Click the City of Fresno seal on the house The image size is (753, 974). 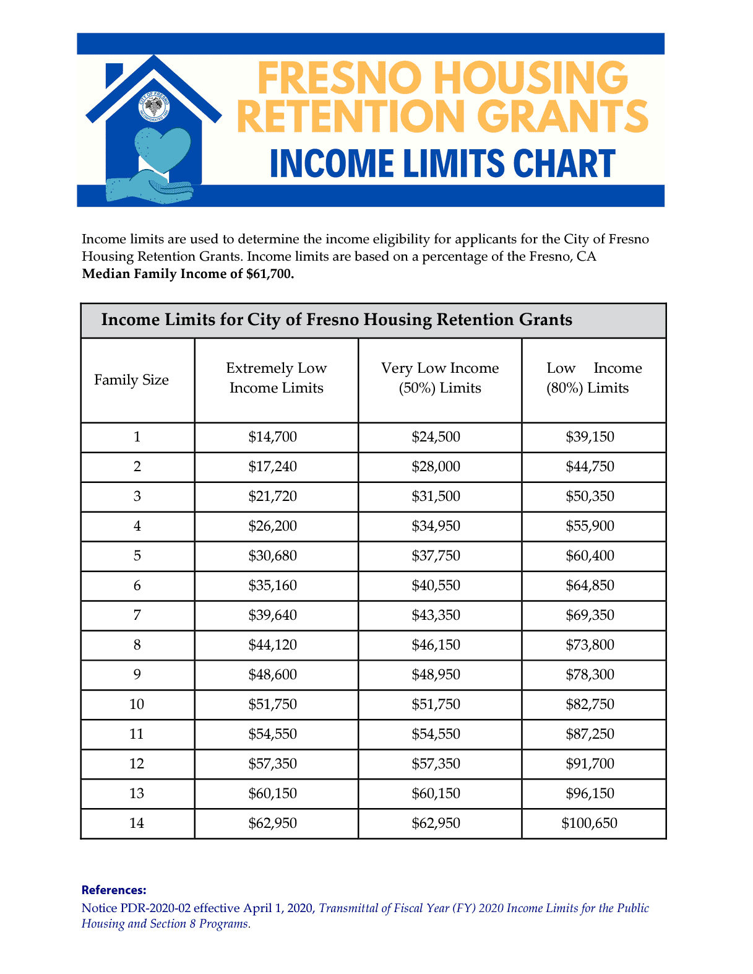153,107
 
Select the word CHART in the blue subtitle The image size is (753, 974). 564,163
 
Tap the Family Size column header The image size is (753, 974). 131,380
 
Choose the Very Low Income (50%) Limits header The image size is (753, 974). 440,378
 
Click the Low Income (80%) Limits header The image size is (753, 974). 594,378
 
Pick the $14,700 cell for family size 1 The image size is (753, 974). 273,437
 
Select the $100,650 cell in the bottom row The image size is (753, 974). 589,823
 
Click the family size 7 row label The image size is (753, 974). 137,615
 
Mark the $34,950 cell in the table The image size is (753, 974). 436,526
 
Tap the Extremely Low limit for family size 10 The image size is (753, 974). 273,704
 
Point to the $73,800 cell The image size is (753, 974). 590,645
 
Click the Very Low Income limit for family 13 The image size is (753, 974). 436,793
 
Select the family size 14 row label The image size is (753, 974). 137,823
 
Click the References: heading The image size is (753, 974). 114,890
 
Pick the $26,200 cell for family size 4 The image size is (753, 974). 273,526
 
